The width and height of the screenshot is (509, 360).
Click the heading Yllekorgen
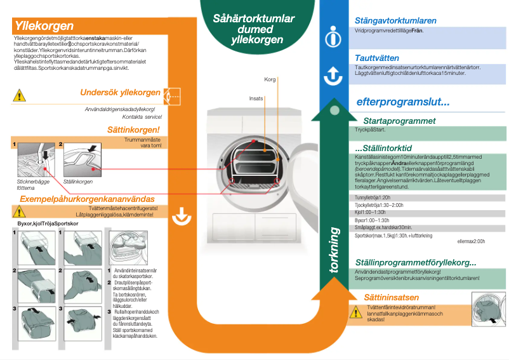coord(44,27)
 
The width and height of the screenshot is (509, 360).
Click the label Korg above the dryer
coord(270,80)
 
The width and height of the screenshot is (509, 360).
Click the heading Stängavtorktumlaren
coord(404,20)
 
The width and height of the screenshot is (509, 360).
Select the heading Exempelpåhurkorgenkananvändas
coord(88,199)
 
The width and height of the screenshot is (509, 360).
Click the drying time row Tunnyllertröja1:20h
coord(376,197)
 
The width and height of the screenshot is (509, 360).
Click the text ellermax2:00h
coord(470,241)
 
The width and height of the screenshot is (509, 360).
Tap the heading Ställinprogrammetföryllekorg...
coord(416,263)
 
